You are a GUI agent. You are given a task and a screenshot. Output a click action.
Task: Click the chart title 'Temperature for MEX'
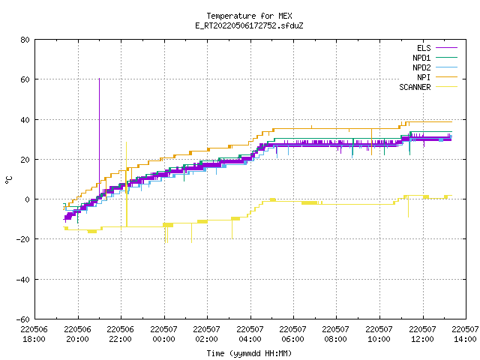click(249, 16)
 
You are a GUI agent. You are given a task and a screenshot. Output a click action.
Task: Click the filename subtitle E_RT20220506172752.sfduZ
click(249, 25)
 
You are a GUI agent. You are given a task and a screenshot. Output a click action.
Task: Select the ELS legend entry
click(424, 48)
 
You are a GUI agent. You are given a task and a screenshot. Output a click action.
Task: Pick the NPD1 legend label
click(421, 58)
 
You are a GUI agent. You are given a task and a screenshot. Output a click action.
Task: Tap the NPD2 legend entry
click(421, 67)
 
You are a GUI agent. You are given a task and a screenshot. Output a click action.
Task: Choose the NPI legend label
click(424, 77)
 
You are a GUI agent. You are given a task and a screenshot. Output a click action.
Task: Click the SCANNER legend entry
click(415, 87)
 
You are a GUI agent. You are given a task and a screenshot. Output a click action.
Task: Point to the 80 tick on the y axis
click(25, 40)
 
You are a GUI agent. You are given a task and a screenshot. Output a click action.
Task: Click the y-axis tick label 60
click(25, 79)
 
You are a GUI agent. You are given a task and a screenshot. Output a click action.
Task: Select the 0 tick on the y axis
click(28, 199)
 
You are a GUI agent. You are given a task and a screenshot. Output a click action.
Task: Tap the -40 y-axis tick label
click(23, 280)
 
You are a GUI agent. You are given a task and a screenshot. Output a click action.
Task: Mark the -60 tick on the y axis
click(23, 319)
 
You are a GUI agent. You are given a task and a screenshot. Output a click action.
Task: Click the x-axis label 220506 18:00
click(34, 334)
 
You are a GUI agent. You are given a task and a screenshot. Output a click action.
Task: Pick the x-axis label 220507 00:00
click(163, 334)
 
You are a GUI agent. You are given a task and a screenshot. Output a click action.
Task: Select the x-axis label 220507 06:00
click(293, 334)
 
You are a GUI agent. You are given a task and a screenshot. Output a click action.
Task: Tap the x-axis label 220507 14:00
click(465, 334)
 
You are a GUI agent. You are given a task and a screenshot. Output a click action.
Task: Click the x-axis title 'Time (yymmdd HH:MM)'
click(249, 353)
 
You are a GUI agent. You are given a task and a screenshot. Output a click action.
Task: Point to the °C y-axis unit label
click(8, 180)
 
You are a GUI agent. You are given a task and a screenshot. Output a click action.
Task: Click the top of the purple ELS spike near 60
click(99, 79)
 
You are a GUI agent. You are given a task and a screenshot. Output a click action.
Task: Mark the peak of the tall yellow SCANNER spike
click(126, 142)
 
